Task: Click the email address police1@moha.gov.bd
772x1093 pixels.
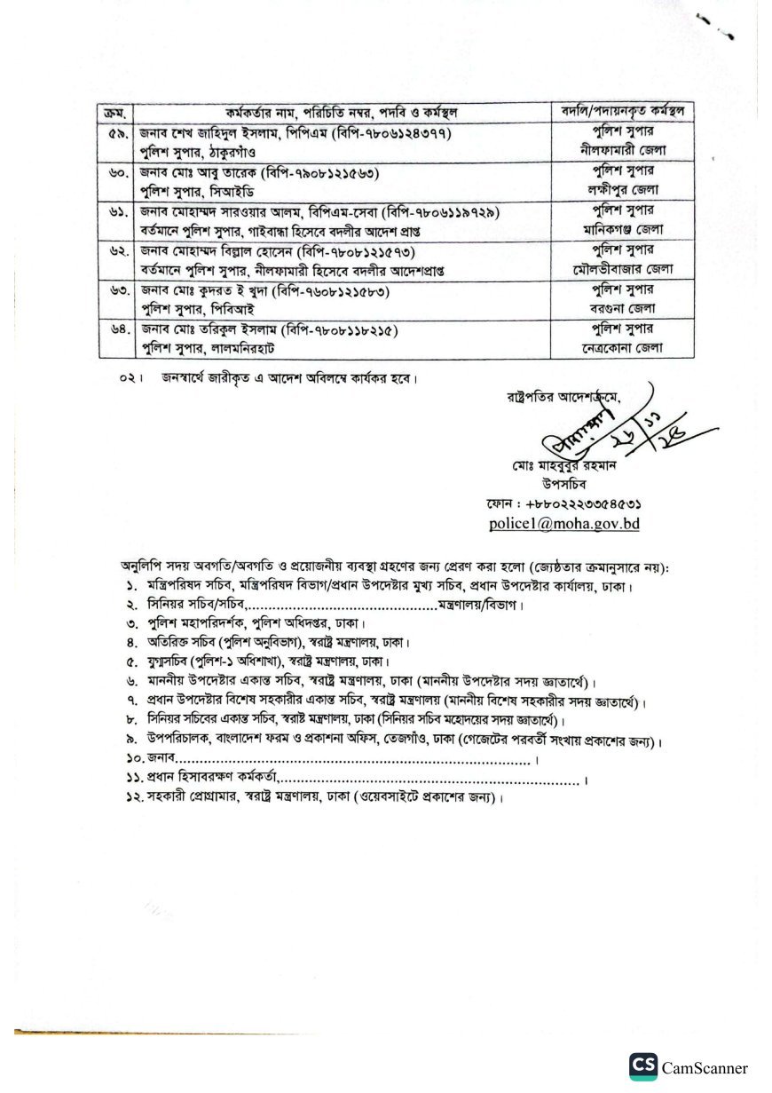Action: click(564, 524)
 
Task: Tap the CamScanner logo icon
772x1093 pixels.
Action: click(643, 1067)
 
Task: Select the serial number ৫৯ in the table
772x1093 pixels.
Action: click(116, 133)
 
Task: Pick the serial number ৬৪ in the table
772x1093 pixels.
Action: click(116, 331)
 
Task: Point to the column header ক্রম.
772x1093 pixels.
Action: click(115, 112)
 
